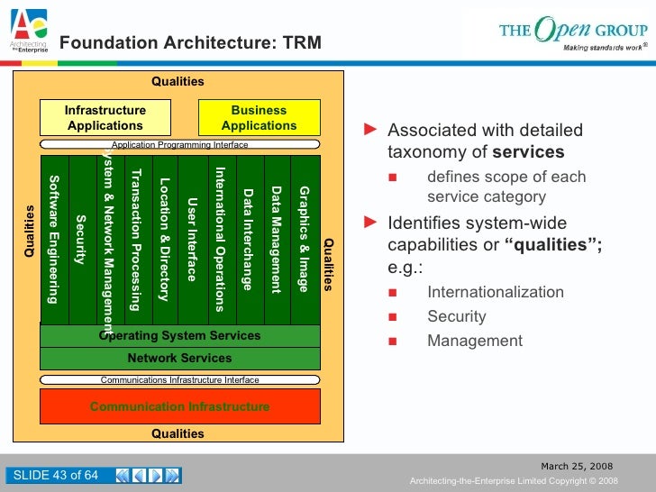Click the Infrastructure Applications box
pos(105,118)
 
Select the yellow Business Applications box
pos(259,118)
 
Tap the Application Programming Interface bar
pos(179,144)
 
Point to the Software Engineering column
pos(54,239)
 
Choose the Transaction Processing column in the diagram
pos(136,239)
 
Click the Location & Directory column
pos(164,239)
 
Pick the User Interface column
pos(191,239)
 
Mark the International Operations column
pos(219,239)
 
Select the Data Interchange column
pos(248,239)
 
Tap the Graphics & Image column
pos(305,239)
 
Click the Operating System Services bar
pos(179,336)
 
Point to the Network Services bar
pos(179,358)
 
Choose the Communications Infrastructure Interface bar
pos(179,380)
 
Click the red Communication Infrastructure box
pos(179,406)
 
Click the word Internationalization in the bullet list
pos(496,292)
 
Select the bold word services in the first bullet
pos(528,152)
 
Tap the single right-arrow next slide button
pos(156,476)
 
